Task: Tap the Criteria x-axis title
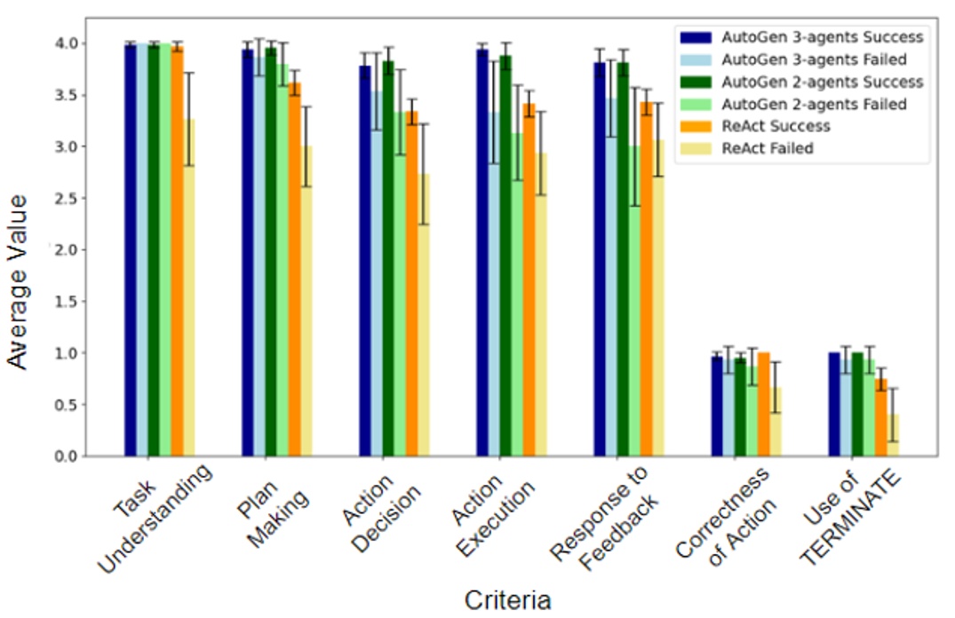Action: pos(507,599)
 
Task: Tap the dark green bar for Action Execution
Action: pos(505,257)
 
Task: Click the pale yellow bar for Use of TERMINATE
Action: pos(894,435)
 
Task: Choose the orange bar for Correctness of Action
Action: pos(764,404)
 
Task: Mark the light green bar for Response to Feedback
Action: pos(634,302)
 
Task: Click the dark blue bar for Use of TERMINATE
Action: pos(834,404)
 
